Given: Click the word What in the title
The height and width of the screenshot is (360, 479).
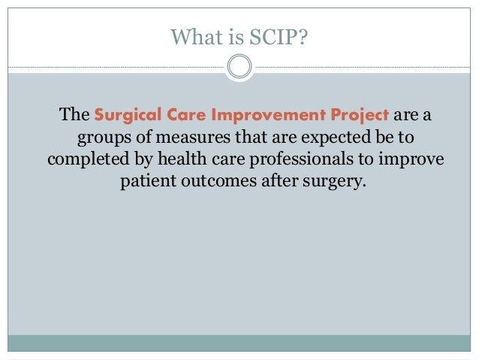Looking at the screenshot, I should pyautogui.click(x=193, y=36).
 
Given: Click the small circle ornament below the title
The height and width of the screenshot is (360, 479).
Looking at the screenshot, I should pyautogui.click(x=239, y=68).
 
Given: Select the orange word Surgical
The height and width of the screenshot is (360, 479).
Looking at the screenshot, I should pyautogui.click(x=128, y=116).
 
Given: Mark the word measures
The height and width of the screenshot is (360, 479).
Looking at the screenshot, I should pyautogui.click(x=179, y=139).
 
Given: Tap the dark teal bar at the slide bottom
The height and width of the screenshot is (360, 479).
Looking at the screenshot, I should pyautogui.click(x=239, y=343).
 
